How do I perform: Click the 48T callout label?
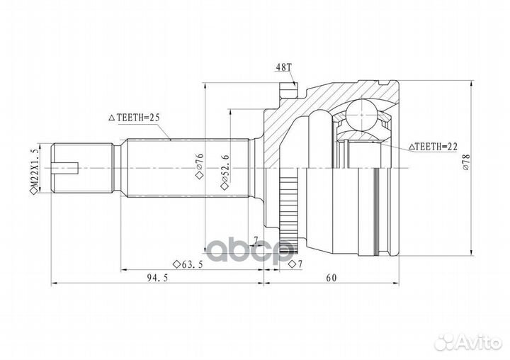tap(283, 67)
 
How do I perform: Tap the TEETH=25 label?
tap(138, 118)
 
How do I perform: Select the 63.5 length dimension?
tap(192, 264)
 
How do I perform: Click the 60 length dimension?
tap(331, 278)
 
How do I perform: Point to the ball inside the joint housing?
tap(361, 116)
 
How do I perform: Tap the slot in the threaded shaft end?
tap(65, 168)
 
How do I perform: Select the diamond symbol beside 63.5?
tap(176, 264)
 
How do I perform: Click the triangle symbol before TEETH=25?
tap(112, 118)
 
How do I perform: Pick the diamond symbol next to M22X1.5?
tap(34, 192)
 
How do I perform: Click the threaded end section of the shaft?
tap(82, 168)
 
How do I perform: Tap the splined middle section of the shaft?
tap(188, 168)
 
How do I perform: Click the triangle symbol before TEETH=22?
tap(412, 147)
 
